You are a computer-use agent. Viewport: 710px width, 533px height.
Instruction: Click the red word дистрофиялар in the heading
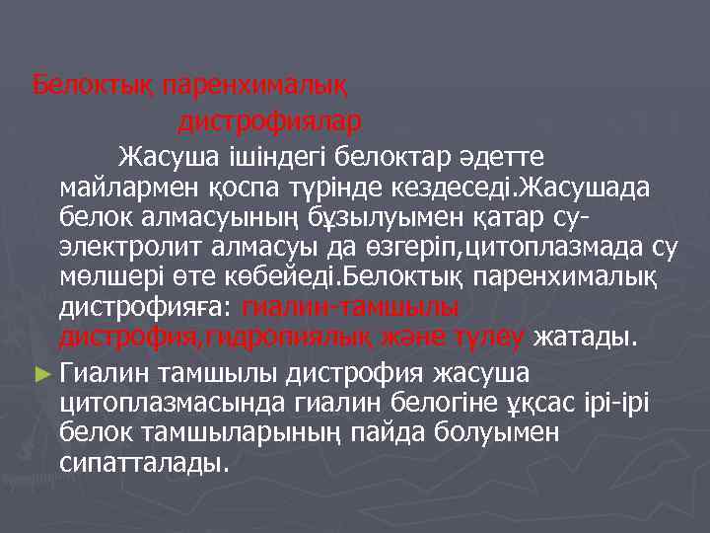click(x=269, y=122)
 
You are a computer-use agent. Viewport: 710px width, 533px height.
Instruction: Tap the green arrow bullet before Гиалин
click(x=40, y=373)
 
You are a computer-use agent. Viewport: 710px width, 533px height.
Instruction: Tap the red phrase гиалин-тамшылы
click(x=351, y=308)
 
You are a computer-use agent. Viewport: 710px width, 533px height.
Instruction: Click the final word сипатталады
click(x=144, y=463)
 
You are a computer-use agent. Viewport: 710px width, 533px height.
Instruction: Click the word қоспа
click(x=270, y=187)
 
